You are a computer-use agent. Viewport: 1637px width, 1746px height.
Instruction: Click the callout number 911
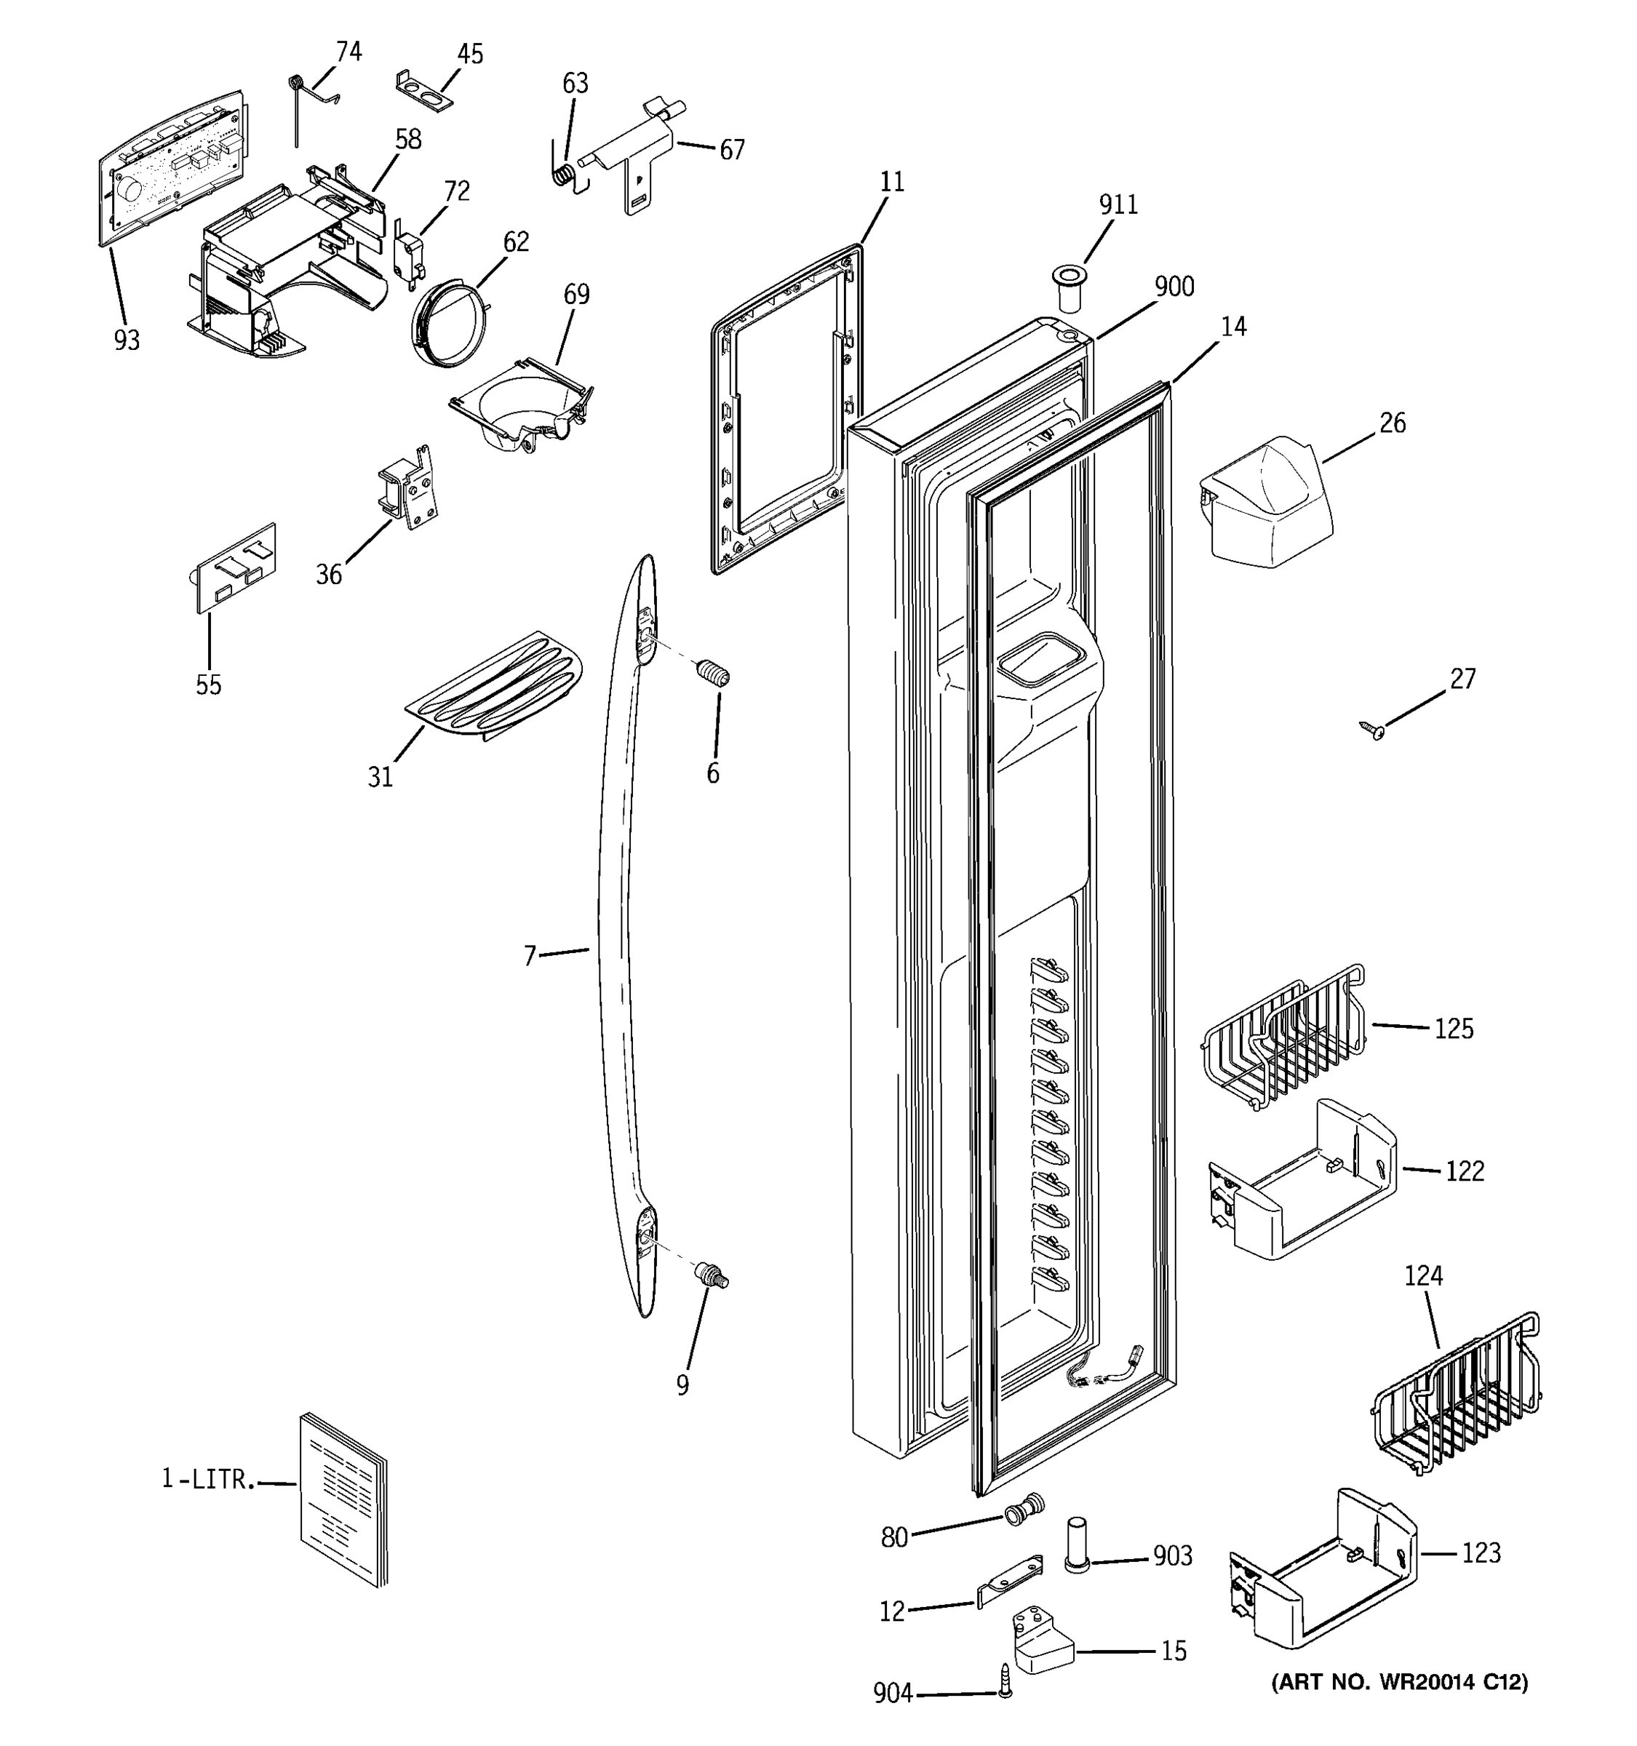[1118, 204]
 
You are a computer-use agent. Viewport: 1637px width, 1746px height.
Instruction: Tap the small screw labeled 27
[1371, 729]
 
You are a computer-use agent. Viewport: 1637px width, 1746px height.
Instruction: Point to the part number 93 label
[127, 340]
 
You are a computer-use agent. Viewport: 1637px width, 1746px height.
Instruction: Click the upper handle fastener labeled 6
[713, 674]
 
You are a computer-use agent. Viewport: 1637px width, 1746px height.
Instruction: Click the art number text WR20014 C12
[1400, 1683]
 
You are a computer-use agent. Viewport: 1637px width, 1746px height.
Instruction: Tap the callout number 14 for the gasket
[1233, 326]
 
